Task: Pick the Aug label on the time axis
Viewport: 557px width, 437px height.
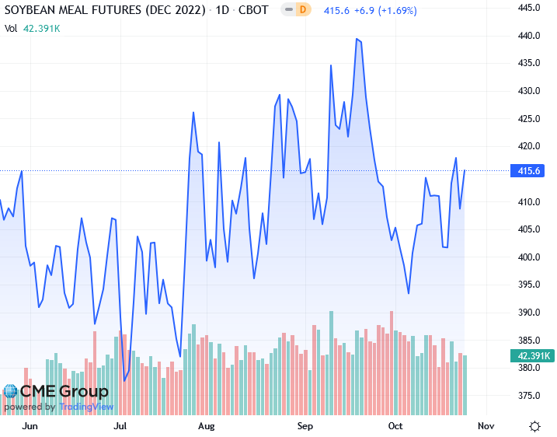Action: tap(206, 426)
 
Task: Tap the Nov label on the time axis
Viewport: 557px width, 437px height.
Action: tap(486, 426)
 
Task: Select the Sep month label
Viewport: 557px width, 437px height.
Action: tap(305, 426)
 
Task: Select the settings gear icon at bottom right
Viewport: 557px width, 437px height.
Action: tap(535, 426)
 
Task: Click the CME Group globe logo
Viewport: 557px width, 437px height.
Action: tap(11, 392)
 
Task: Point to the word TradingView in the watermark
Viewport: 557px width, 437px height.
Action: tap(86, 407)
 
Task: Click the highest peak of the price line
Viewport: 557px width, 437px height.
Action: tap(357, 38)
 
